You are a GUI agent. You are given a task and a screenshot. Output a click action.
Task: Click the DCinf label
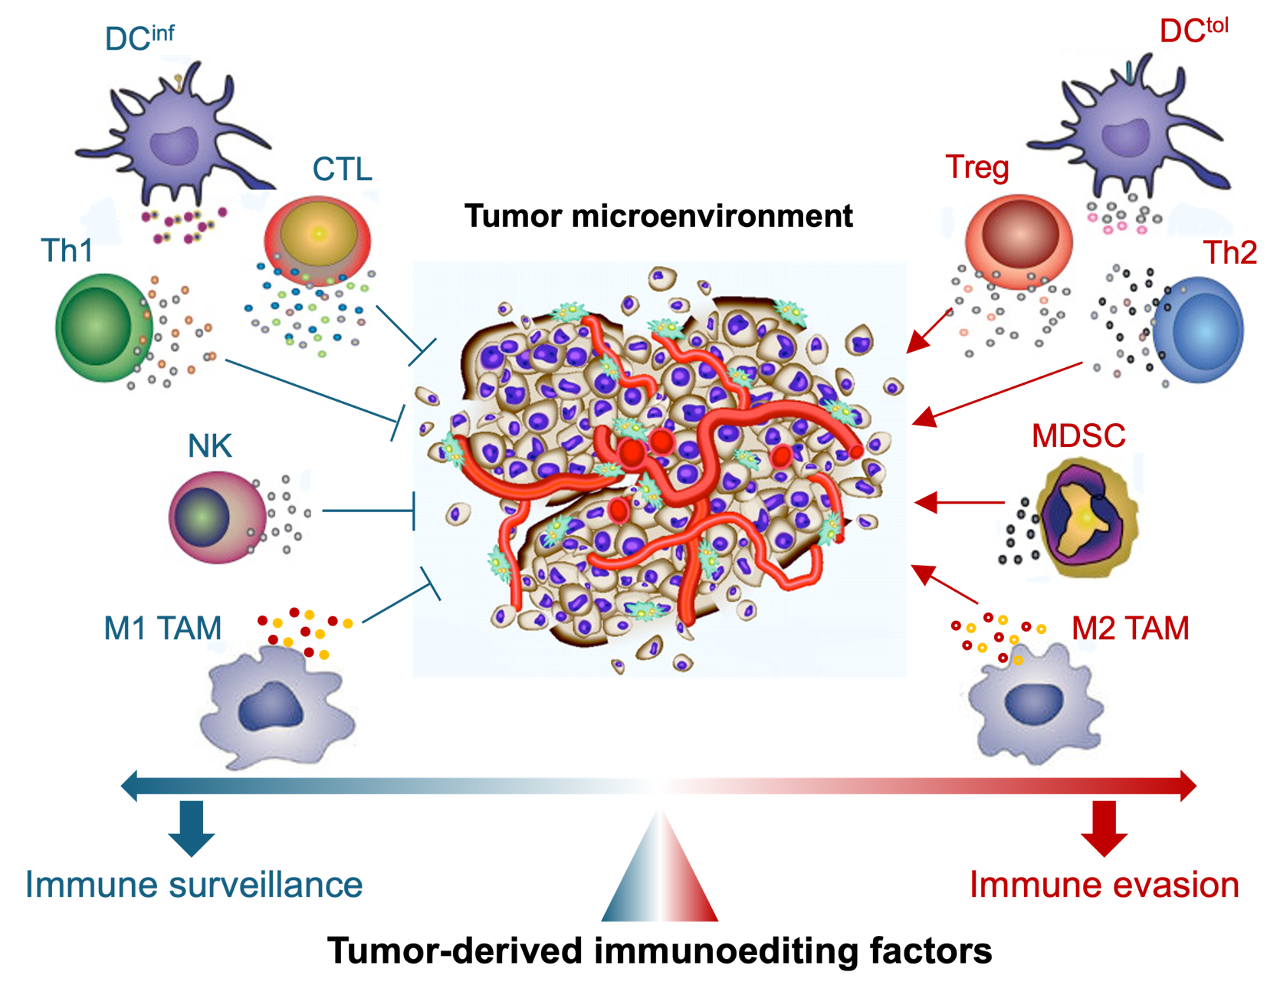(139, 38)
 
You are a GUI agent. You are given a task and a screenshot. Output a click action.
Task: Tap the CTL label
(342, 169)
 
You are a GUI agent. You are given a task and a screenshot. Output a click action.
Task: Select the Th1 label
(67, 251)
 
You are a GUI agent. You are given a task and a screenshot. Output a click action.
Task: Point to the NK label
(210, 446)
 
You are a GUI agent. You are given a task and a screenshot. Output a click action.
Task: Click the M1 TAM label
(162, 629)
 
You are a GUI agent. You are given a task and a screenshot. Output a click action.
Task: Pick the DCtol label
(1193, 31)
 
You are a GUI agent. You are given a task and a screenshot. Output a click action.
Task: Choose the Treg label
(976, 167)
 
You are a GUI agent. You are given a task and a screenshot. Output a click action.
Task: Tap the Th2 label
(1229, 251)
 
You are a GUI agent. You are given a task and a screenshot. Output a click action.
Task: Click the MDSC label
(1078, 436)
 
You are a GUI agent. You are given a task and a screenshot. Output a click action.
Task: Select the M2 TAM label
(1130, 629)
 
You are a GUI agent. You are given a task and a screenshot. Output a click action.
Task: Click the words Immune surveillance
(194, 885)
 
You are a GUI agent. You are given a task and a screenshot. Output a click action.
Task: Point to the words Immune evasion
(1104, 885)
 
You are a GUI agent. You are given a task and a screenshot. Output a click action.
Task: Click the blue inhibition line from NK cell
(368, 511)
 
